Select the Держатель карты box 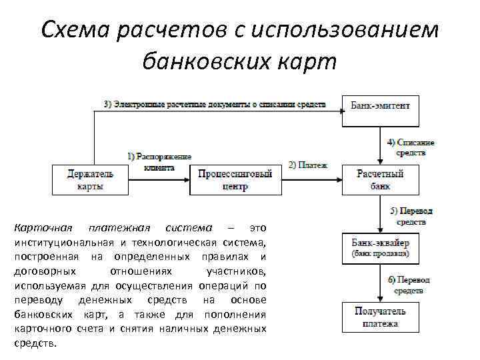click(x=90, y=180)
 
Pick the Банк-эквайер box click(x=381, y=248)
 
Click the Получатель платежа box click(x=381, y=317)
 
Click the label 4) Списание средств click(x=411, y=147)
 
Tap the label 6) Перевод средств click(x=409, y=285)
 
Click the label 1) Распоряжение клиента click(x=159, y=161)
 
